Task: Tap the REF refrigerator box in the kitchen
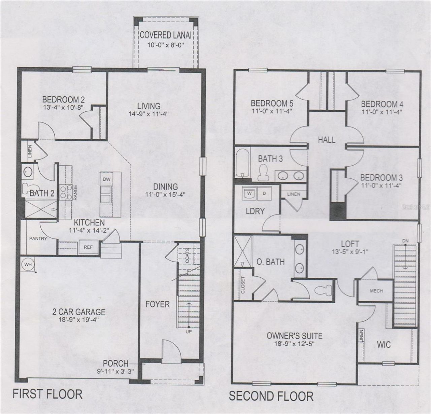click(88, 247)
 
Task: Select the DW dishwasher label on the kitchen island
click(107, 179)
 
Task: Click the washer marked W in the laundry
click(250, 193)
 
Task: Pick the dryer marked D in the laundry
click(264, 193)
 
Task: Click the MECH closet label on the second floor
click(376, 291)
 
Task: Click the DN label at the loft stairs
click(405, 241)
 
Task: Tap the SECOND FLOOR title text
click(271, 396)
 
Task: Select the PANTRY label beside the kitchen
click(38, 239)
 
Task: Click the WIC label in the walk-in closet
click(384, 345)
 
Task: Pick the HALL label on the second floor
click(326, 139)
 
